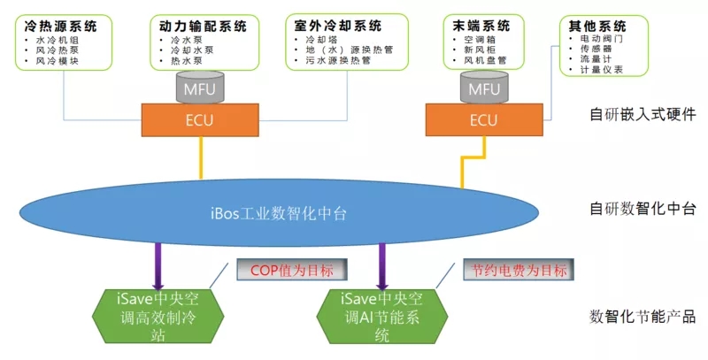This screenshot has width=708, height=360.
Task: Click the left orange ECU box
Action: tap(200, 120)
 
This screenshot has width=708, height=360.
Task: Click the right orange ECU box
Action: tap(484, 120)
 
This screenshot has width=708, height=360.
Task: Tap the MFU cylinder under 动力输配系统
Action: tap(200, 87)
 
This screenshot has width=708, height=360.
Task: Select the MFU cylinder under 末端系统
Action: tap(484, 87)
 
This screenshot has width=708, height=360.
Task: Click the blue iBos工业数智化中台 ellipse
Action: tap(279, 212)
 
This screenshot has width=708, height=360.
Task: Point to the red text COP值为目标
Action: tap(292, 270)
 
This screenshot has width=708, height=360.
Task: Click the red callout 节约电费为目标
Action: tap(519, 270)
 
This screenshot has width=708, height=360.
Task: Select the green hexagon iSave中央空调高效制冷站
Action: tap(158, 317)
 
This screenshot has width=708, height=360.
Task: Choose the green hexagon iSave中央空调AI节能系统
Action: tap(382, 317)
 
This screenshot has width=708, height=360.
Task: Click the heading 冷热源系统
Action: tap(60, 26)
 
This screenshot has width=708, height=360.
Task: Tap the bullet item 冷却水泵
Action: tap(192, 50)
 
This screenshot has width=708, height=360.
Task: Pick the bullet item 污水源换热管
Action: tap(338, 60)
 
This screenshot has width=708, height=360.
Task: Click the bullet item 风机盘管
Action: tap(485, 60)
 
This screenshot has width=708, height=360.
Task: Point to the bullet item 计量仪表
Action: tap(602, 70)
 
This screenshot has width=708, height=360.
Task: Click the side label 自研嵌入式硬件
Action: tap(643, 114)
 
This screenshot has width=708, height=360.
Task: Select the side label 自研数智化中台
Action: tap(643, 209)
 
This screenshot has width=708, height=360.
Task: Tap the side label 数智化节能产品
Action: tap(643, 317)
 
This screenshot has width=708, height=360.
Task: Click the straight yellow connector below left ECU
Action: tap(201, 157)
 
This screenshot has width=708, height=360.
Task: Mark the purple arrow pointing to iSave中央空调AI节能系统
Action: tap(382, 266)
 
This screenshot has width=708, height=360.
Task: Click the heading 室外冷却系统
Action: tap(338, 26)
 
